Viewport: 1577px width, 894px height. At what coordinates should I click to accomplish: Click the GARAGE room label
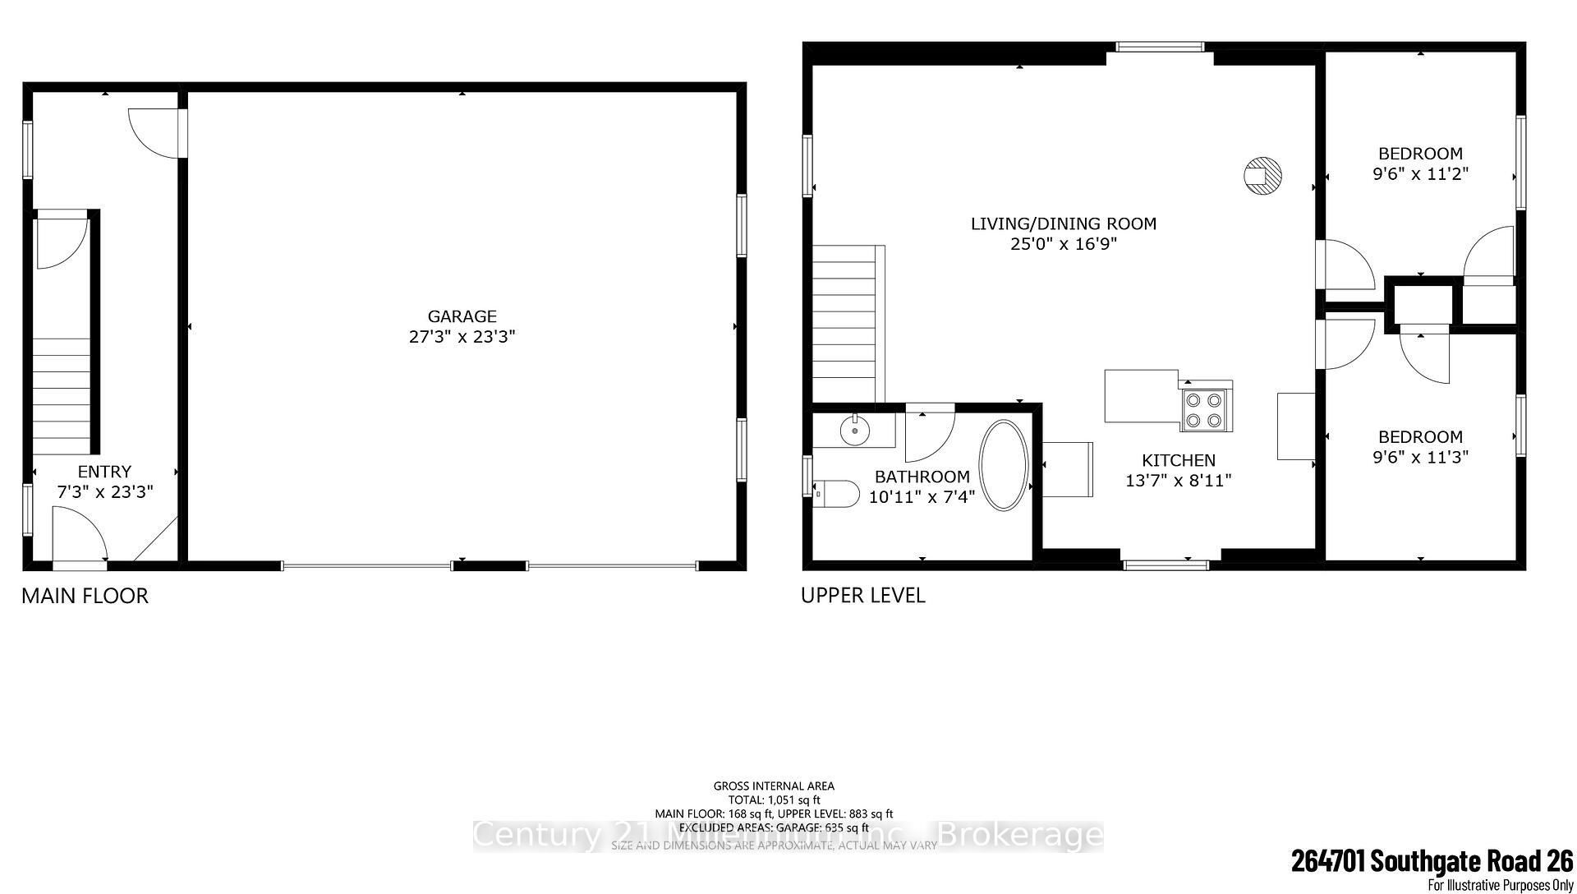462,316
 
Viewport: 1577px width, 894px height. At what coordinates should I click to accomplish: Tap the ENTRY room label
104,472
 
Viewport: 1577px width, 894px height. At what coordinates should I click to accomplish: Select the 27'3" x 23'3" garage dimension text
462,337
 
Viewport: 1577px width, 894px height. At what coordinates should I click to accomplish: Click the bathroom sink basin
854,428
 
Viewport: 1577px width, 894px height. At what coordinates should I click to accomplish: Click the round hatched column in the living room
1262,175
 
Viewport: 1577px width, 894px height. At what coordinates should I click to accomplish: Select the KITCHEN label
1178,461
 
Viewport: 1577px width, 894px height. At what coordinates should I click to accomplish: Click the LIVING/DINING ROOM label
1063,223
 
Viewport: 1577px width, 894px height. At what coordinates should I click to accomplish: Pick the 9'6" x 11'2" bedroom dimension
1420,174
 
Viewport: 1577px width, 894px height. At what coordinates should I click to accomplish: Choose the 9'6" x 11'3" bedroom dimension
1420,458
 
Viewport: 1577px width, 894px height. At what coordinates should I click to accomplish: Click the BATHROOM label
922,477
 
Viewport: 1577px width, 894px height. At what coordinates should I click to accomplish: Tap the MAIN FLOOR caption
85,596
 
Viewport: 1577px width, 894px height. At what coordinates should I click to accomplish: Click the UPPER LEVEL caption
862,596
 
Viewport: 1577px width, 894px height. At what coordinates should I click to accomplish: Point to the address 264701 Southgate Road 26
1432,861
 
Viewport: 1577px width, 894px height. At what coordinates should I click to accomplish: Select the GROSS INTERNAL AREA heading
774,786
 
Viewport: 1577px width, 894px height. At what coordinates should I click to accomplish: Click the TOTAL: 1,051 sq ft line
774,800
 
